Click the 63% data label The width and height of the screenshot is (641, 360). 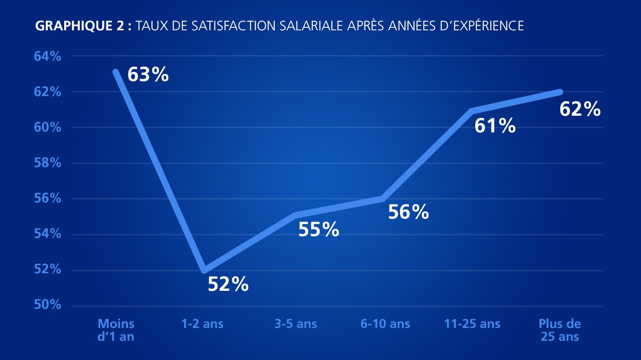pyautogui.click(x=148, y=75)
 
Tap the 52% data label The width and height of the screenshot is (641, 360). pyautogui.click(x=228, y=284)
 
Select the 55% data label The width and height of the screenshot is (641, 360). pyautogui.click(x=319, y=230)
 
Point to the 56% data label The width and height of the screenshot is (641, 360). pyautogui.click(x=409, y=212)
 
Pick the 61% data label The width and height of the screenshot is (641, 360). pyautogui.click(x=495, y=126)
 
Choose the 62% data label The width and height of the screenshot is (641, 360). pyautogui.click(x=580, y=109)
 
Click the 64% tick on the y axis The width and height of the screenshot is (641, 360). pyautogui.click(x=47, y=56)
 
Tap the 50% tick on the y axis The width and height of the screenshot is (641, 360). pyautogui.click(x=47, y=305)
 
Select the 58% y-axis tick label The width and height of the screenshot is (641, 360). pyautogui.click(x=47, y=163)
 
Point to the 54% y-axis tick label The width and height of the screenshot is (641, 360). pyautogui.click(x=47, y=234)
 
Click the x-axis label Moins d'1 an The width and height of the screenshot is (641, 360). pyautogui.click(x=116, y=330)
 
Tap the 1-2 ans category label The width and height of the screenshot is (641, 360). pyautogui.click(x=202, y=324)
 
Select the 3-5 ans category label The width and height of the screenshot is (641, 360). pyautogui.click(x=296, y=324)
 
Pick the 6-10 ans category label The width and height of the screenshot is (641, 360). pyautogui.click(x=385, y=324)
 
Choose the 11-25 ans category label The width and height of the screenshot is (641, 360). pyautogui.click(x=472, y=324)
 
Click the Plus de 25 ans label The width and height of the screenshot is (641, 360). pyautogui.click(x=560, y=330)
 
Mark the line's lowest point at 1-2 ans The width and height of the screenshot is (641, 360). pyautogui.click(x=204, y=270)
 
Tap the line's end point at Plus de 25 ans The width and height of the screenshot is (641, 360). pyautogui.click(x=560, y=92)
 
